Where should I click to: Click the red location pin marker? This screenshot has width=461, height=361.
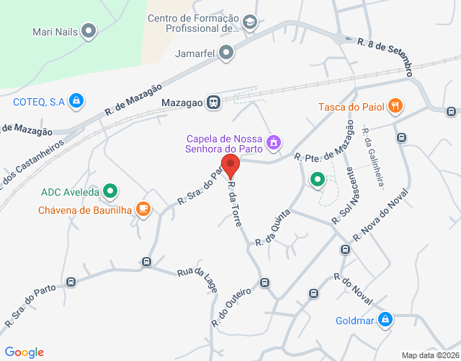point(230,165)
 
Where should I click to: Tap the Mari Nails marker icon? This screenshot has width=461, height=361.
point(89,31)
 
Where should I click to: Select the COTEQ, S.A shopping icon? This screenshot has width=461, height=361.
point(75,102)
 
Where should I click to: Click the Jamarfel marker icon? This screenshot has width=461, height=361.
point(226,52)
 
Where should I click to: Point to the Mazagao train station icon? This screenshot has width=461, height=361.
point(213,102)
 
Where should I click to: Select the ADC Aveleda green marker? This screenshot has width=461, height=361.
point(109,191)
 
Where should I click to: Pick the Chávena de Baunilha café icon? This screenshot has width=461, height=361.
point(143,209)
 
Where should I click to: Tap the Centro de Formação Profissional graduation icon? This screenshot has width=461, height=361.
point(249,23)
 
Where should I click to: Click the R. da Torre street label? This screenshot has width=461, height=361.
point(234,204)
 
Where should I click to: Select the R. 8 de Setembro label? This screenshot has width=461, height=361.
point(385,57)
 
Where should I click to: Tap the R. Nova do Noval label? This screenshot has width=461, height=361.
point(380,216)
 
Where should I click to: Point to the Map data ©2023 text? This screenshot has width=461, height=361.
point(429,355)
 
